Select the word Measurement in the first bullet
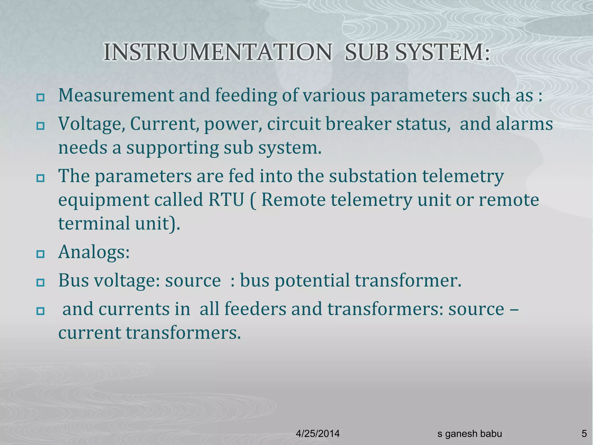[x=116, y=95]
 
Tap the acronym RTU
[x=226, y=200]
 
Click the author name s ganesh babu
[x=470, y=433]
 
